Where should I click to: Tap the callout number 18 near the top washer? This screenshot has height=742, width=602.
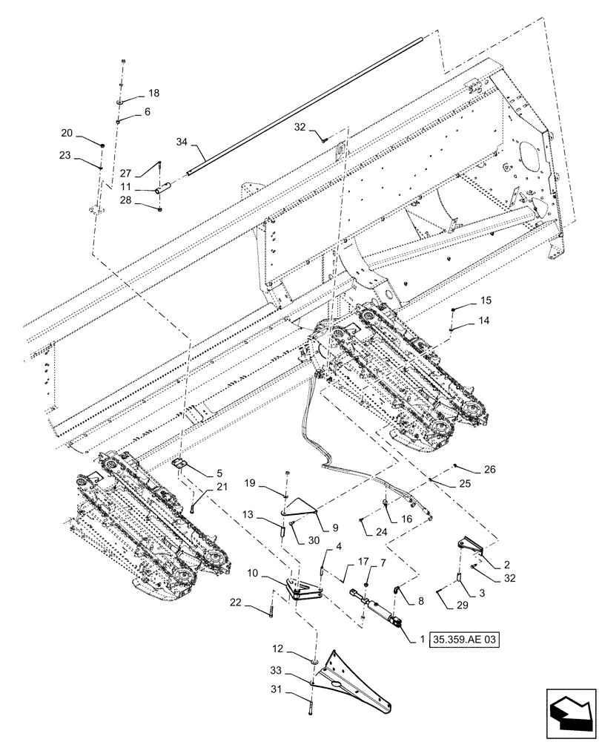tap(153, 93)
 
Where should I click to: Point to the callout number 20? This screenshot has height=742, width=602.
tap(67, 133)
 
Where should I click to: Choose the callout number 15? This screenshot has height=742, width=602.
tap(486, 301)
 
